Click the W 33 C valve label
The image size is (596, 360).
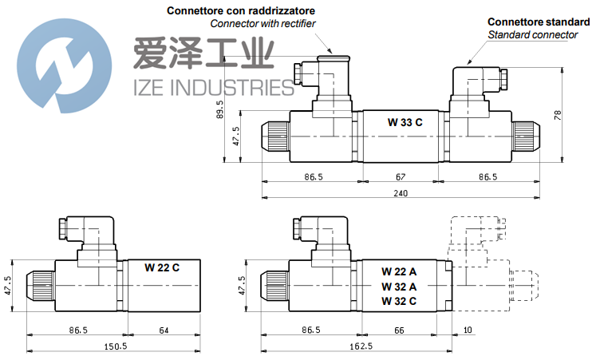[405, 122]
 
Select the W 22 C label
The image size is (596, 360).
[162, 267]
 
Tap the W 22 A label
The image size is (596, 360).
[399, 271]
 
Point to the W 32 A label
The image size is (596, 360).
[399, 286]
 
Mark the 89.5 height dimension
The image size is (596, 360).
[220, 109]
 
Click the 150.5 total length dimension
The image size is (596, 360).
[116, 346]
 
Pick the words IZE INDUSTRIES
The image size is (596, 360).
[210, 85]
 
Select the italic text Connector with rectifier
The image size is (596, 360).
[262, 23]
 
